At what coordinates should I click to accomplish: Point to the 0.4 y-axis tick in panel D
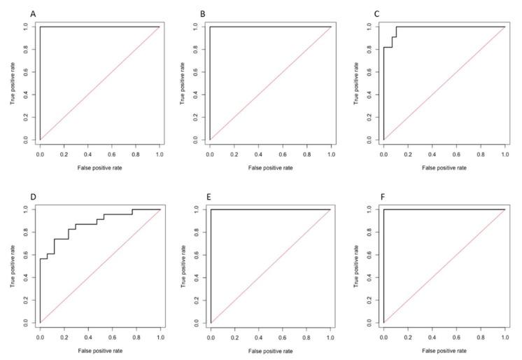pyautogui.click(x=26, y=277)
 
